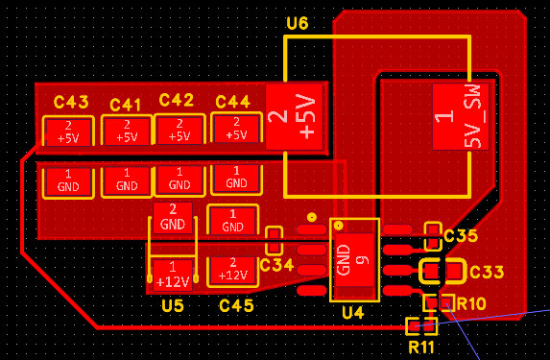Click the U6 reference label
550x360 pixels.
(298, 23)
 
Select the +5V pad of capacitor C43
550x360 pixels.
(68, 132)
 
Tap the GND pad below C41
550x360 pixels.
(127, 180)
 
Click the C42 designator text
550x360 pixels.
(176, 101)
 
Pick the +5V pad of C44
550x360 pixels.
(236, 129)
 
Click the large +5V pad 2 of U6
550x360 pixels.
(294, 117)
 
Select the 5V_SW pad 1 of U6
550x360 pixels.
(461, 117)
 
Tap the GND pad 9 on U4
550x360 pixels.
(354, 260)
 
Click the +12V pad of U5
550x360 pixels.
(173, 276)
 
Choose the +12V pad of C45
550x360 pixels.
(233, 272)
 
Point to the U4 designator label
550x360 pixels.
(353, 313)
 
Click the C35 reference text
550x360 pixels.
(461, 236)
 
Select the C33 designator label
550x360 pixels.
(487, 272)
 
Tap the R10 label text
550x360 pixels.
(471, 304)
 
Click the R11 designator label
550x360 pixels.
(421, 348)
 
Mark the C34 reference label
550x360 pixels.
(276, 265)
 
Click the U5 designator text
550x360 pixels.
(173, 306)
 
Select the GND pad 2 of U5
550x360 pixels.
(173, 218)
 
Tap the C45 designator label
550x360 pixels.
(236, 306)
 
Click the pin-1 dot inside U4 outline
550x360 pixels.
(339, 226)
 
